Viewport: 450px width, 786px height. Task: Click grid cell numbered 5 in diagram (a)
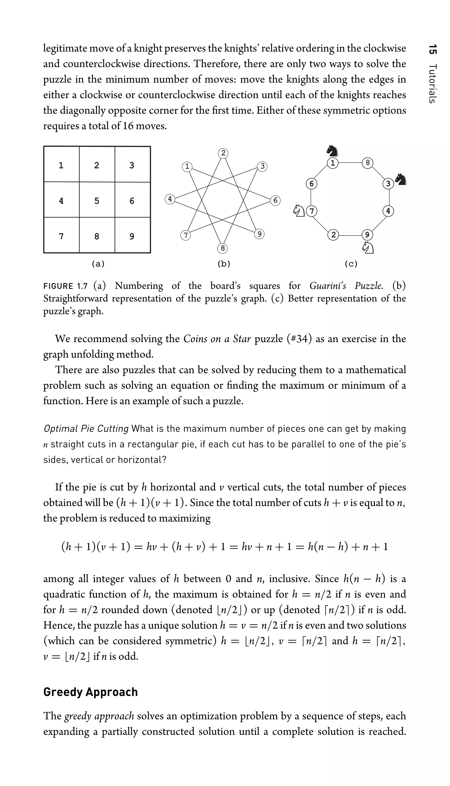click(97, 200)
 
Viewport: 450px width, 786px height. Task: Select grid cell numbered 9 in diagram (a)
click(132, 236)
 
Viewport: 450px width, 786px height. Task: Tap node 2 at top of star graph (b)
click(223, 153)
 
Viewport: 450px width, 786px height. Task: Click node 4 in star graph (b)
click(170, 199)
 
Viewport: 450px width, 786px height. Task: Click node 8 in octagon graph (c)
click(367, 163)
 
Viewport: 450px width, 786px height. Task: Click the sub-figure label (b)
click(224, 264)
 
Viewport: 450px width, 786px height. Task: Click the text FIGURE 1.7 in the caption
click(65, 286)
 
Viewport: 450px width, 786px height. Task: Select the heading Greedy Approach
click(90, 692)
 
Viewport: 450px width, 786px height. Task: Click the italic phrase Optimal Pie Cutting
click(86, 429)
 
